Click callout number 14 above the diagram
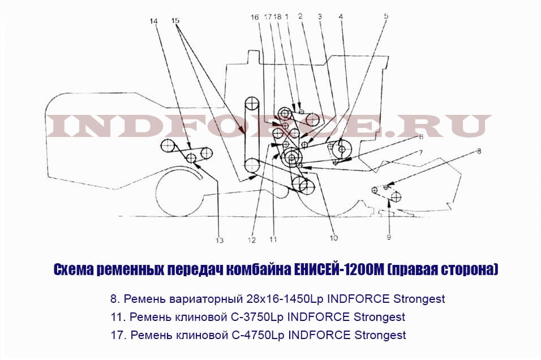(x=153, y=22)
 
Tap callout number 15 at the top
(x=175, y=21)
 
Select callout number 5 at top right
(x=386, y=16)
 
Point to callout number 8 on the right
(x=479, y=151)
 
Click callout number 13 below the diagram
(x=220, y=241)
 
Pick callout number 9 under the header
(x=389, y=237)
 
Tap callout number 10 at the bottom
(x=334, y=238)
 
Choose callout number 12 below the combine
(x=251, y=240)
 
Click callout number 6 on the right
(x=421, y=136)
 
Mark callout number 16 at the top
(x=255, y=17)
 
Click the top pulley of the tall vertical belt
(x=252, y=104)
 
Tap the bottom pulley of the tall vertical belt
(x=252, y=166)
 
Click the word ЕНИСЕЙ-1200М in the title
(x=338, y=269)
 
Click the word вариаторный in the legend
(x=207, y=299)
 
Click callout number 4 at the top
(x=341, y=16)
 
